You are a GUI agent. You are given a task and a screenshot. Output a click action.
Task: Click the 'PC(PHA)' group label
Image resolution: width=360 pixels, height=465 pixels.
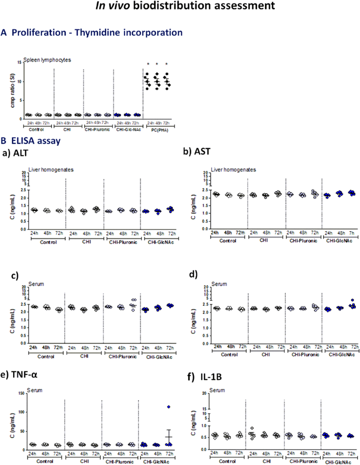(x=160, y=129)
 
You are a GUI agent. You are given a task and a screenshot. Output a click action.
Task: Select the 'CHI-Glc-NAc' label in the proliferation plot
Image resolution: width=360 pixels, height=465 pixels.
(x=127, y=129)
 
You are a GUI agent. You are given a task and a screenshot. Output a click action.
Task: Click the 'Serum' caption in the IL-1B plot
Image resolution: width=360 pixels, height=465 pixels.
(x=217, y=390)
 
